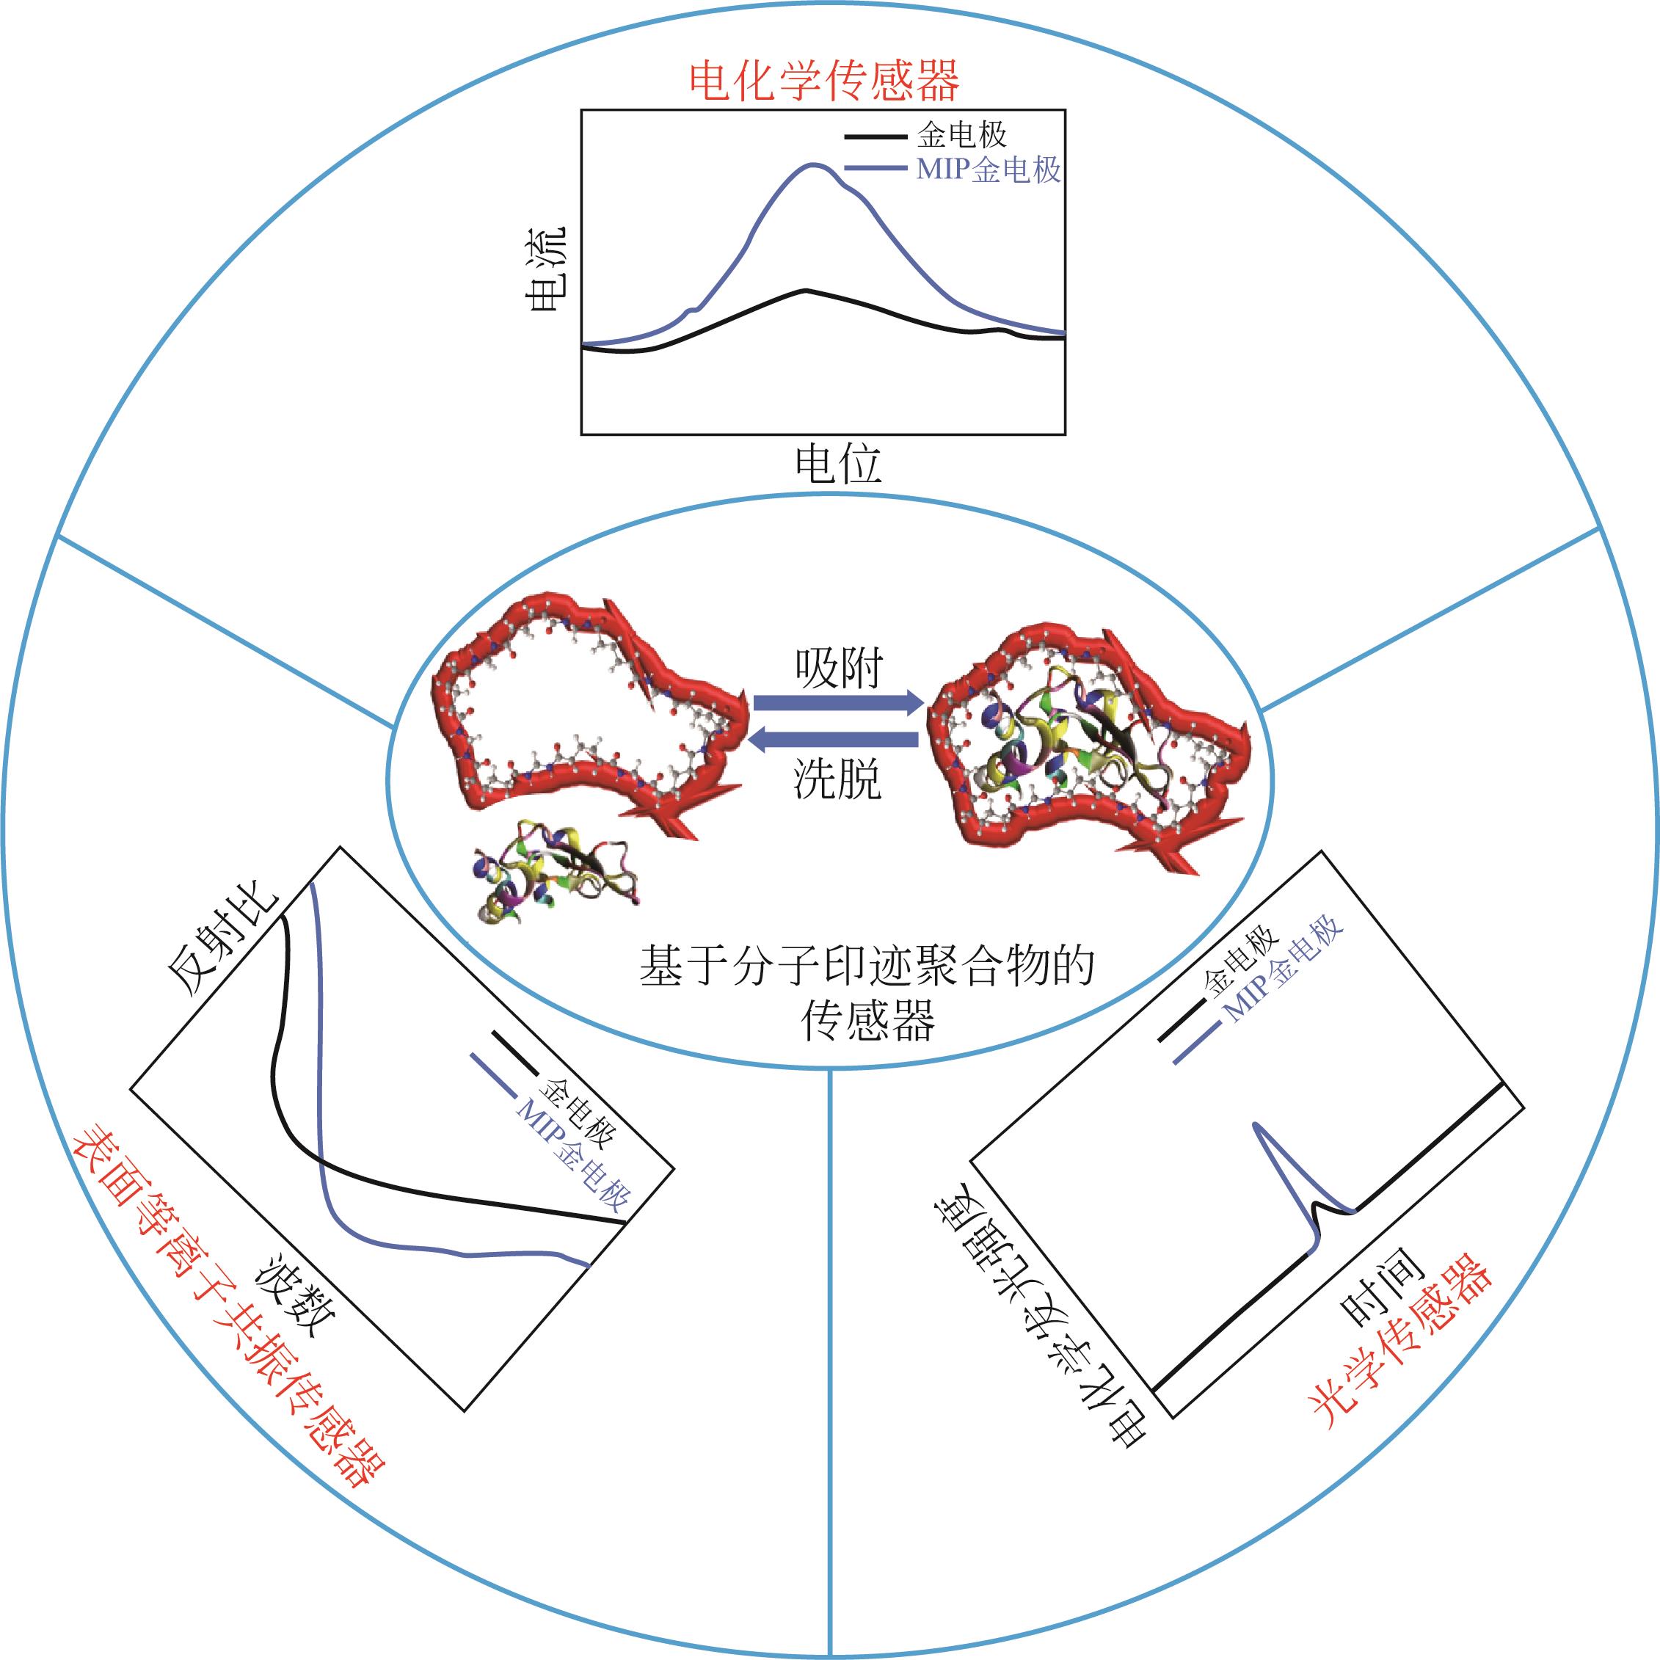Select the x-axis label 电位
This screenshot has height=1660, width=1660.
838,465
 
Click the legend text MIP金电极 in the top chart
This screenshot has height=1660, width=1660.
988,170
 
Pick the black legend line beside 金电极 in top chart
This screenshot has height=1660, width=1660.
875,136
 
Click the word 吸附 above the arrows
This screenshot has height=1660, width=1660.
838,668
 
